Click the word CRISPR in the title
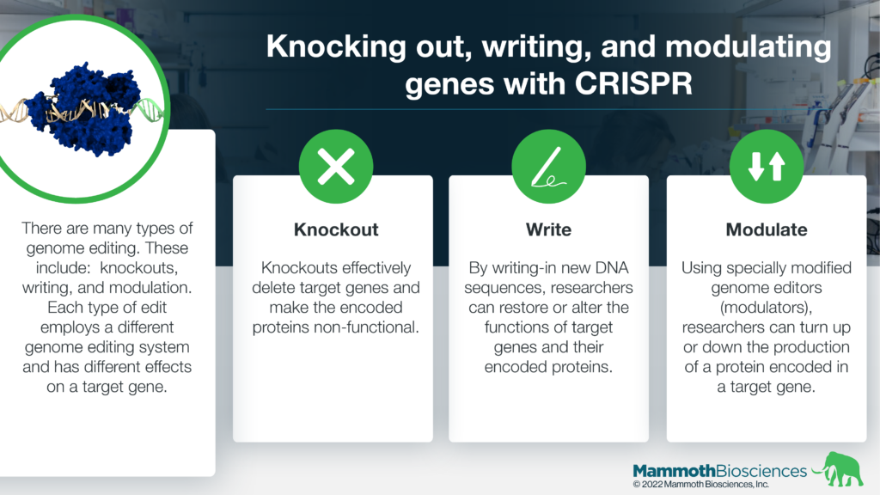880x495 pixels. click(633, 83)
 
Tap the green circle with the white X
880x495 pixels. click(336, 166)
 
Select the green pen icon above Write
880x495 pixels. click(548, 166)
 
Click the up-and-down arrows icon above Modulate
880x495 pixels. click(766, 166)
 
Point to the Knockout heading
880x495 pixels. click(336, 229)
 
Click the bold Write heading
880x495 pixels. click(548, 229)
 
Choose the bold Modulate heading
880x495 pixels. click(766, 229)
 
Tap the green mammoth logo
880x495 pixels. click(839, 469)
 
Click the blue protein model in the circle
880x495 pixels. click(84, 109)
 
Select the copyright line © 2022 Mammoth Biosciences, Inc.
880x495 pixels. click(701, 485)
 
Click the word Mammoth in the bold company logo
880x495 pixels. click(675, 470)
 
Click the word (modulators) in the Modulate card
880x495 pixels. click(766, 308)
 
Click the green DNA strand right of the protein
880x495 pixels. click(148, 108)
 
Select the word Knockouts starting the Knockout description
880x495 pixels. click(296, 268)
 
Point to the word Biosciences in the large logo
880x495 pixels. click(762, 470)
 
